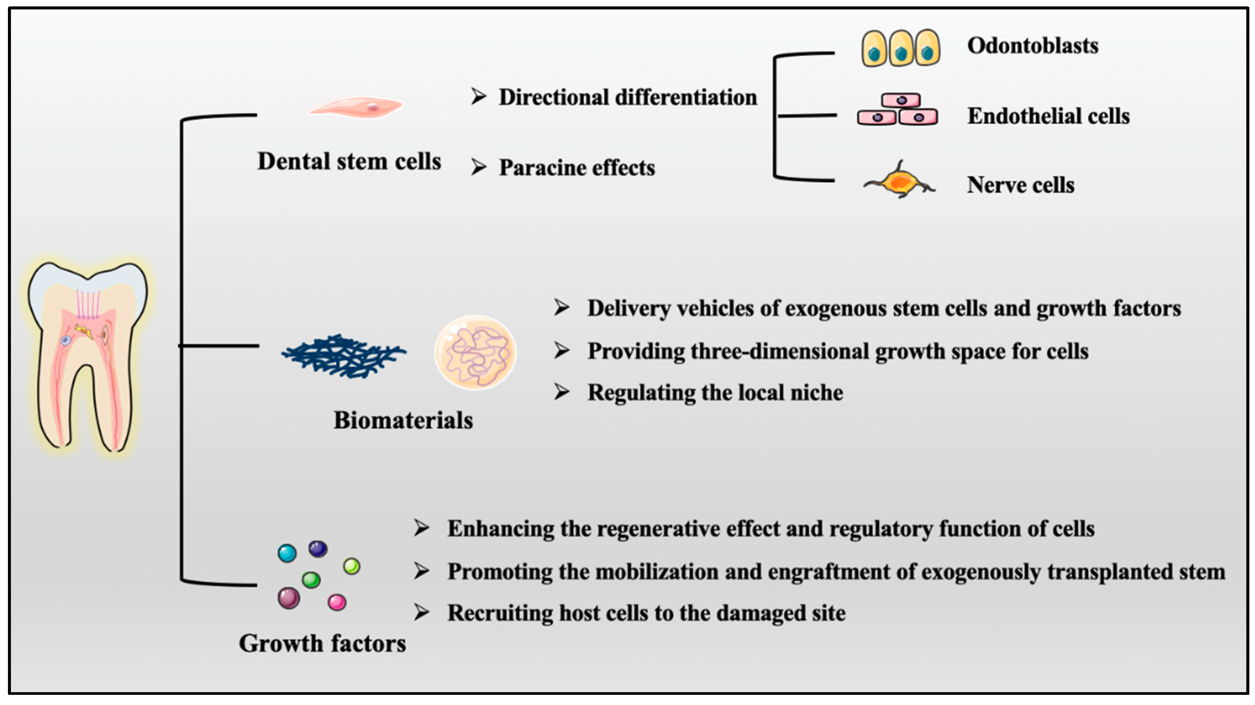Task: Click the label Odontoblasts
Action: click(1032, 46)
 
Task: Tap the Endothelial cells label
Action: click(1048, 116)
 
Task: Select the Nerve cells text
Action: click(1020, 185)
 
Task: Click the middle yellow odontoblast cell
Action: click(901, 48)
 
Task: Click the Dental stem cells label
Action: click(349, 161)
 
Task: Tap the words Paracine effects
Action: click(577, 168)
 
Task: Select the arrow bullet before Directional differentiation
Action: click(478, 97)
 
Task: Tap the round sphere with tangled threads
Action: click(475, 352)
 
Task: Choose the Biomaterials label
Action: click(403, 420)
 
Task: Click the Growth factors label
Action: click(322, 643)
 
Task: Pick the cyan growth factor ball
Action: click(287, 553)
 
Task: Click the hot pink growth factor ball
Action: click(337, 602)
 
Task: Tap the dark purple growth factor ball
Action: click(318, 549)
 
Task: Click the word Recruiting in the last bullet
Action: click(499, 613)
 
